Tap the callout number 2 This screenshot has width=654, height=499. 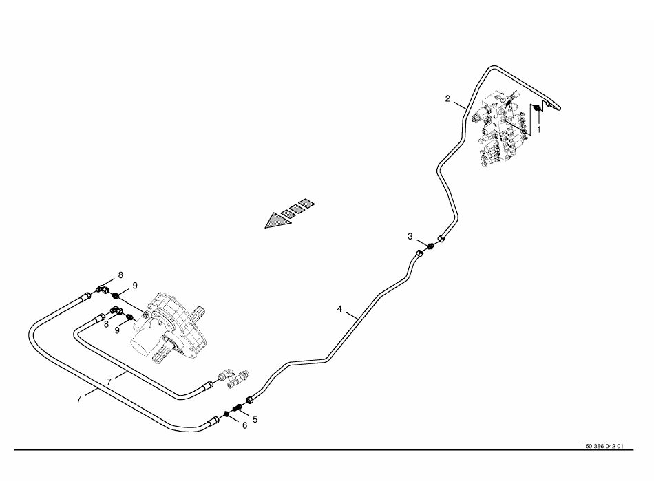coord(447,98)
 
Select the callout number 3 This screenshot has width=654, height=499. coord(410,236)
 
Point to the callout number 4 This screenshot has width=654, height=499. coord(339,309)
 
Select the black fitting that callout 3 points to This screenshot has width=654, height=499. coord(430,246)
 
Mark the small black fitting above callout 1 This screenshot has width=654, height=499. coord(535,108)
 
